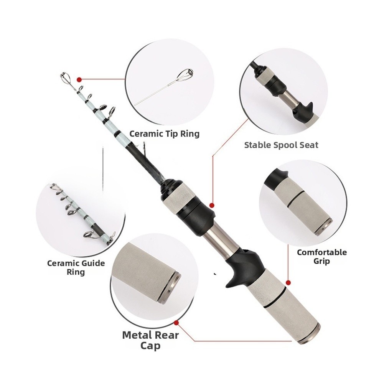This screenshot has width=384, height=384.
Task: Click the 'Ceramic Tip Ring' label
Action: (x=164, y=134)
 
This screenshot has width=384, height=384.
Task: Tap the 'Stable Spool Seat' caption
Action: (x=281, y=145)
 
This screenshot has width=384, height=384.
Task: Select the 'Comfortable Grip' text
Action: (x=322, y=257)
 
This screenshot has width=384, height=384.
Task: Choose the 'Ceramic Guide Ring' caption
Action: (x=76, y=267)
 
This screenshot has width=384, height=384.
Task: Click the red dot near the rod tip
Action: (x=79, y=79)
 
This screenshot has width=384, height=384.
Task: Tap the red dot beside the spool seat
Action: (x=212, y=205)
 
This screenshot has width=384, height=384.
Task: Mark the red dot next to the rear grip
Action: (x=288, y=283)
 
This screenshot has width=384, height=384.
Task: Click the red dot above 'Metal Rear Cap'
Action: (x=176, y=323)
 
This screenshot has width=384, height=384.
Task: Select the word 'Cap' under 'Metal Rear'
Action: (x=150, y=346)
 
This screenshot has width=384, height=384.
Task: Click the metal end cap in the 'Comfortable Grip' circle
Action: (x=324, y=227)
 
